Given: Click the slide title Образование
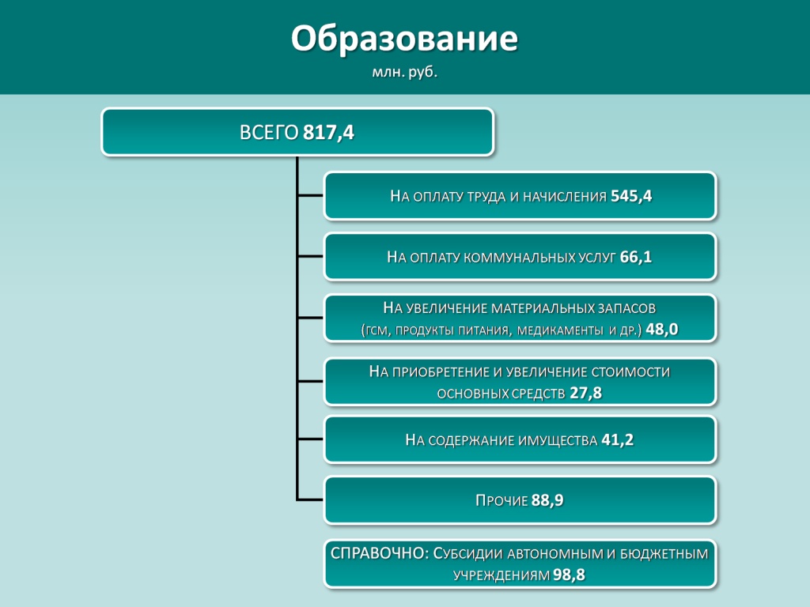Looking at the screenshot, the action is [x=404, y=40].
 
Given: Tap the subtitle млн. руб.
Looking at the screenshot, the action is [x=404, y=72].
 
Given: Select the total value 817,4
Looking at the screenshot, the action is [x=328, y=133].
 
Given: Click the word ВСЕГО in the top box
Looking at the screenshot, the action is [x=269, y=133].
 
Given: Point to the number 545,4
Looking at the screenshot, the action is [x=631, y=196].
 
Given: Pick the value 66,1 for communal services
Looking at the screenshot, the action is [x=636, y=257].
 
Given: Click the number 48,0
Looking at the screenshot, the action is [x=662, y=330].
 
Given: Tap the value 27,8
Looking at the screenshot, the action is [x=586, y=394].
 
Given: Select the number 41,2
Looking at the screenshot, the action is [x=617, y=439].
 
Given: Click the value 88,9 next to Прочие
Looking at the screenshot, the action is [x=547, y=500].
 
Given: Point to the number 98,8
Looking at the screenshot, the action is [x=569, y=575].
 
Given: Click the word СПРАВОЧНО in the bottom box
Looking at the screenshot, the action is [x=377, y=553].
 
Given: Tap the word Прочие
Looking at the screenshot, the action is [x=502, y=500].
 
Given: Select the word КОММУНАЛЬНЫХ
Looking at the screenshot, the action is [x=519, y=258].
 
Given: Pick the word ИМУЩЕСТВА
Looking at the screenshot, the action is [x=558, y=440].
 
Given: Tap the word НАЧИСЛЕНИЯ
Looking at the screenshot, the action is [x=565, y=197].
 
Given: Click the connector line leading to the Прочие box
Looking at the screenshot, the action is [x=310, y=500].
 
